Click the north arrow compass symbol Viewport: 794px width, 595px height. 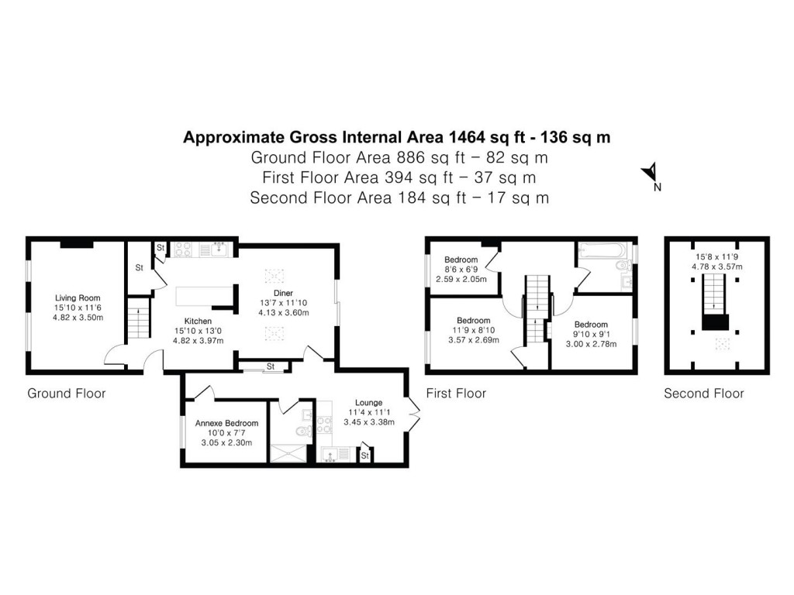click(651, 174)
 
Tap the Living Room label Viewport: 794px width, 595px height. click(78, 297)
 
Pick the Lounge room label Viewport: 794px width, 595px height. click(369, 402)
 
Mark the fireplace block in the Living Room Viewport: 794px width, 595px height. click(77, 243)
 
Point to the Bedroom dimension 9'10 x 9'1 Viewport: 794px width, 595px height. click(591, 335)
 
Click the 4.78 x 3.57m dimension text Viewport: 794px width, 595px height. click(716, 267)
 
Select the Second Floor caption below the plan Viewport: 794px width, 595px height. click(703, 394)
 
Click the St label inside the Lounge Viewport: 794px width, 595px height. click(364, 456)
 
